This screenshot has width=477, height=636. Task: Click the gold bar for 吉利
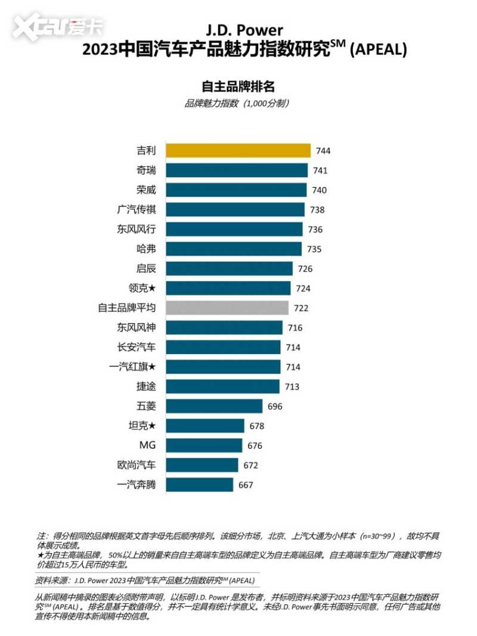point(238,150)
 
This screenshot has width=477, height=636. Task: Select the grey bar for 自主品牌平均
point(227,308)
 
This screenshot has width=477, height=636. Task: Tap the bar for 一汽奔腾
point(199,485)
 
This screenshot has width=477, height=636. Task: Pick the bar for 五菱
point(214,406)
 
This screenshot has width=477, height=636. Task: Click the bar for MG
point(204,445)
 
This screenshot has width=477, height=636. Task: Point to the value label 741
point(320,170)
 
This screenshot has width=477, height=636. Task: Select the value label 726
point(305,269)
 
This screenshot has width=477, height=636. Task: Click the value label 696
point(274,407)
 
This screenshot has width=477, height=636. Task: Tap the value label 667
point(245,485)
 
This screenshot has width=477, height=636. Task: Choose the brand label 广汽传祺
point(137,209)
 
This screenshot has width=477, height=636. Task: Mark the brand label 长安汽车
point(137,347)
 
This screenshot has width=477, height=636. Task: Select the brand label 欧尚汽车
point(137,465)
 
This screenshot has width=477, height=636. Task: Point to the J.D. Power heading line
point(244,29)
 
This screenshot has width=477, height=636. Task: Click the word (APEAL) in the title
point(378,51)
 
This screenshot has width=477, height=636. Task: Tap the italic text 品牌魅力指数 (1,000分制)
point(238,103)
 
